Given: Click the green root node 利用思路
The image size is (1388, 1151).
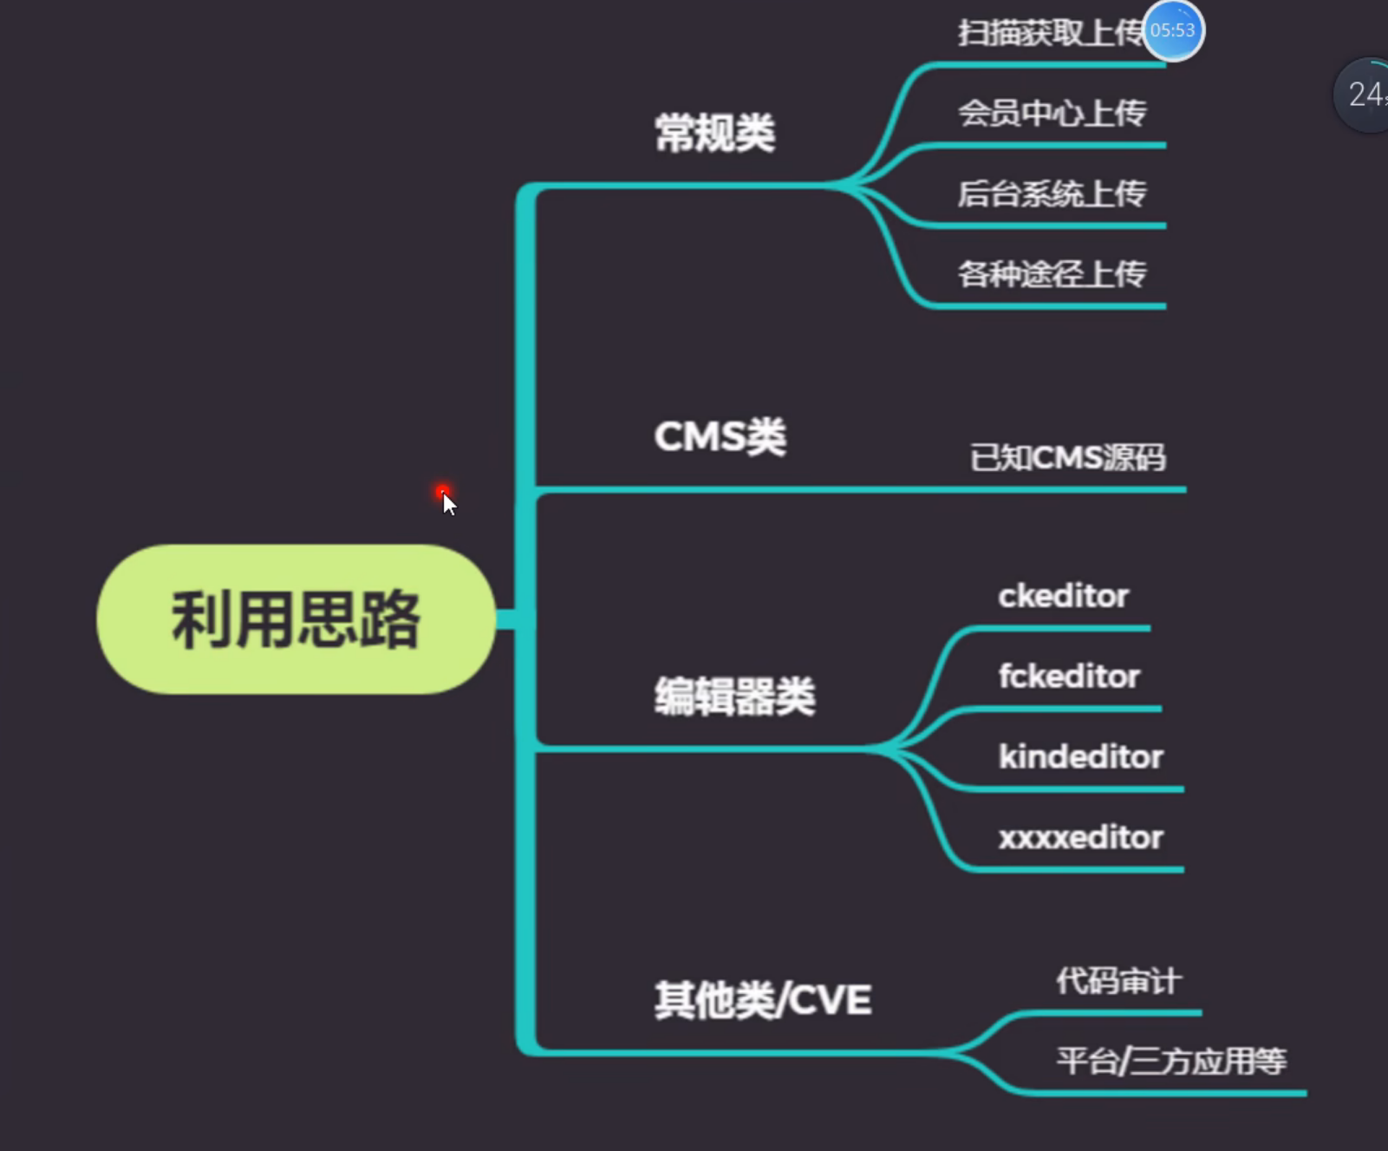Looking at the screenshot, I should click(296, 619).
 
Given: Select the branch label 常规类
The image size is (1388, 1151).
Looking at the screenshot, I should click(714, 134).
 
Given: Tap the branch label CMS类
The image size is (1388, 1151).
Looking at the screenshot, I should click(720, 436).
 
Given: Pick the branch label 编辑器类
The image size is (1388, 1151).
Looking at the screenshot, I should click(734, 696).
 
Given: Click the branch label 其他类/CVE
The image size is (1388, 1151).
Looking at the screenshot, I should click(763, 1000).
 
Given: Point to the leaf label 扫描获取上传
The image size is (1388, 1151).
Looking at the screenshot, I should click(1049, 33).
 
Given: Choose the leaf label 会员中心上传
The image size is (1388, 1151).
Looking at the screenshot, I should click(1052, 113).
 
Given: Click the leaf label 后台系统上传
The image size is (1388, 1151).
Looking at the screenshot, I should click(1052, 193).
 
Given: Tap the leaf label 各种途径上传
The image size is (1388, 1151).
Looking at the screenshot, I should click(1052, 274).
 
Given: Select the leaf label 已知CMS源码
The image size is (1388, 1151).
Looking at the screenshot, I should click(1067, 457).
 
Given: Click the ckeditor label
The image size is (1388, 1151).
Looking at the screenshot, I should click(1063, 596).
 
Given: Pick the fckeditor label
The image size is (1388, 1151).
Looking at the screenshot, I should click(1069, 676).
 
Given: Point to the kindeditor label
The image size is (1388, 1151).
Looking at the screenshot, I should click(1080, 756).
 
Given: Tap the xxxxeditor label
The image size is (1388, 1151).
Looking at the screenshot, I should click(1080, 837).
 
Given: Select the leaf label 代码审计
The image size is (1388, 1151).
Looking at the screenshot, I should click(1118, 981).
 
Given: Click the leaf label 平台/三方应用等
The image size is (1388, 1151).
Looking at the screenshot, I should click(1171, 1061).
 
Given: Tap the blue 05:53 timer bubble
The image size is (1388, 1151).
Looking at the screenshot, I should click(1173, 31).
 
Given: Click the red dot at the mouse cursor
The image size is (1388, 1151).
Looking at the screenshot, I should click(442, 492).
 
